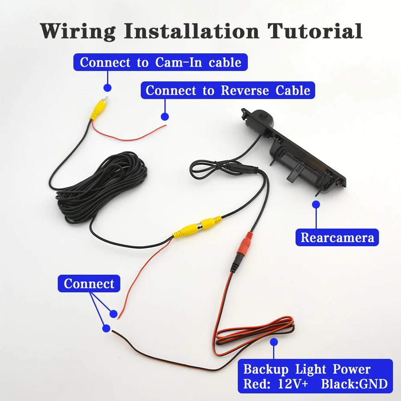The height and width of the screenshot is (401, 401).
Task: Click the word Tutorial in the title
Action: [315, 31]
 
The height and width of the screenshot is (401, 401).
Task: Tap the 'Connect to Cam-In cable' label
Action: [160, 63]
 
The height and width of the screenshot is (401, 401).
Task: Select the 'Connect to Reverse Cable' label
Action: [228, 90]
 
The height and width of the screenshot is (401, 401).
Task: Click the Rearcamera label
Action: [337, 237]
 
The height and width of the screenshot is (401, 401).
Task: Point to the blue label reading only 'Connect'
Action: [89, 284]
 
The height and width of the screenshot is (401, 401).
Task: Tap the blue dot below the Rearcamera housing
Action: [316, 204]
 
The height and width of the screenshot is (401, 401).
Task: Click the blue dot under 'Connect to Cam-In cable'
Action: [107, 87]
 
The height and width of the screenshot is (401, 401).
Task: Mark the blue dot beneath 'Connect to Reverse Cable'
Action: [164, 116]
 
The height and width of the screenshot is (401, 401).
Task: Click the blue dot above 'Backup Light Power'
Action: [274, 342]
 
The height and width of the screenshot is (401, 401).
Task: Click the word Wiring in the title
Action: [77, 31]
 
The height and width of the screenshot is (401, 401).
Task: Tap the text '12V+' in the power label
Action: [293, 384]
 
